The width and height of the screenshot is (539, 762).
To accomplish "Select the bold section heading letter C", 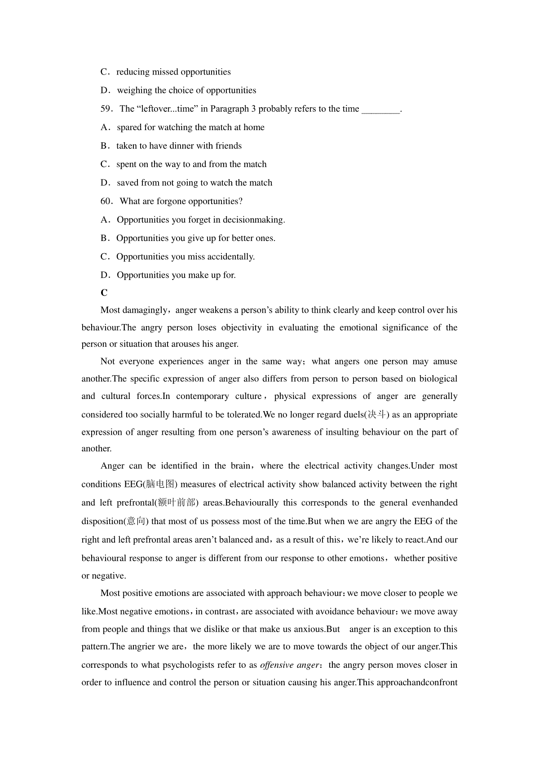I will [104, 293].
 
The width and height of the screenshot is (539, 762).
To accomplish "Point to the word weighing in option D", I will [134, 91].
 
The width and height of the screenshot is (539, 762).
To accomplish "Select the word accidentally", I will [231, 257].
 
